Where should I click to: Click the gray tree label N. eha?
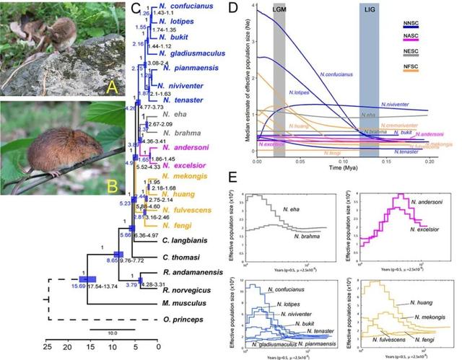(x=174, y=113)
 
